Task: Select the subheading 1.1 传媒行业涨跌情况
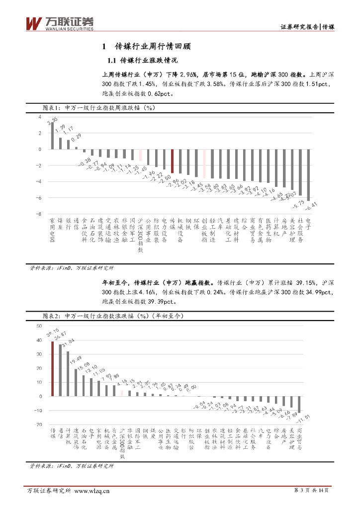pos(142,61)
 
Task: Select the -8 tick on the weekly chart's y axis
pos(38,214)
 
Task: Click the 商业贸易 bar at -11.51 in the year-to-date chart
pos(299,405)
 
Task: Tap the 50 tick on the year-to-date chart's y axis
pos(39,326)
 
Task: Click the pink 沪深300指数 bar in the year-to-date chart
pos(122,394)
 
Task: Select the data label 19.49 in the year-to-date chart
pos(76,360)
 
